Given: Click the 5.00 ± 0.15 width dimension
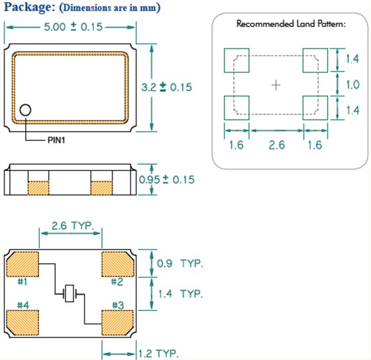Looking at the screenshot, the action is tap(73, 27).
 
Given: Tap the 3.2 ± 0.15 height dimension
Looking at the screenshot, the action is tap(166, 87).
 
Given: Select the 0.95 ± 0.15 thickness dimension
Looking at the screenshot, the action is tap(166, 179).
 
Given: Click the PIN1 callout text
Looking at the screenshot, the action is tap(56, 140).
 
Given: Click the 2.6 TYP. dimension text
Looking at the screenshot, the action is tap(73, 226).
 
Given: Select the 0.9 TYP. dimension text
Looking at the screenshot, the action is tap(180, 263).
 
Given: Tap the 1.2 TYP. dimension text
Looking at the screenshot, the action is tap(158, 354).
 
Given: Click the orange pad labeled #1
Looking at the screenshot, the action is tap(23, 264).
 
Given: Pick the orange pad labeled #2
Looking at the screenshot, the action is tap(118, 264).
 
